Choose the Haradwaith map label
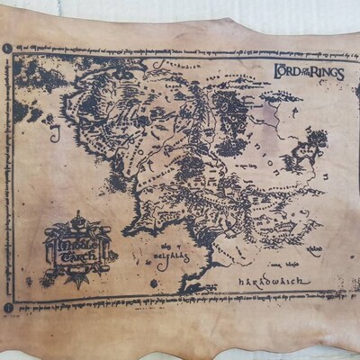(274, 282)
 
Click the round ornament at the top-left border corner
(7, 47)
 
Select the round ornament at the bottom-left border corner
(7, 308)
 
